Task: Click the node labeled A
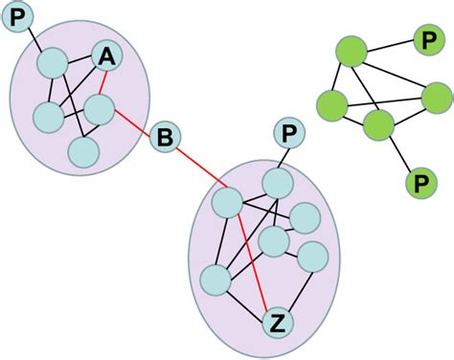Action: point(106,59)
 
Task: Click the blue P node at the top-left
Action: point(19,17)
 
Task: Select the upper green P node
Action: point(425,41)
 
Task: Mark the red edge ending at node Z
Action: point(253,263)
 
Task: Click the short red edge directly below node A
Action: point(102,84)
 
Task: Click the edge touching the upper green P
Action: point(388,46)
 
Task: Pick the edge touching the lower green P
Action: point(398,153)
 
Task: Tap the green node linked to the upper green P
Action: point(352,52)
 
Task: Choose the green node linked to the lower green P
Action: point(379,125)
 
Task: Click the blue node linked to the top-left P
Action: point(51,65)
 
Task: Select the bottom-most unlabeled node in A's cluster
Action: point(85,151)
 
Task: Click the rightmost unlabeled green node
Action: point(435,99)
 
